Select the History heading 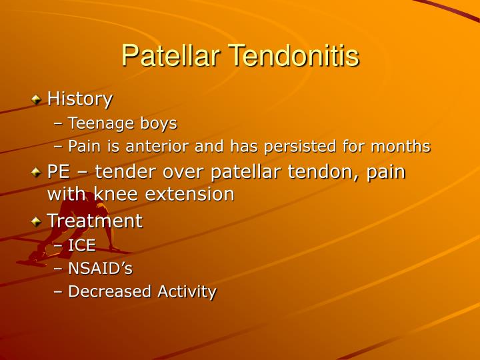click(79, 99)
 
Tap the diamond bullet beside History click(36, 99)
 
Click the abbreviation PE click(58, 171)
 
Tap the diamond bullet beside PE click(36, 172)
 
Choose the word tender click(125, 171)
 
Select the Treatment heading click(94, 221)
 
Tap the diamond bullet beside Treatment click(36, 221)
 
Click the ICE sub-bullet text click(82, 245)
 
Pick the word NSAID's click(101, 269)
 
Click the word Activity click(187, 291)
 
